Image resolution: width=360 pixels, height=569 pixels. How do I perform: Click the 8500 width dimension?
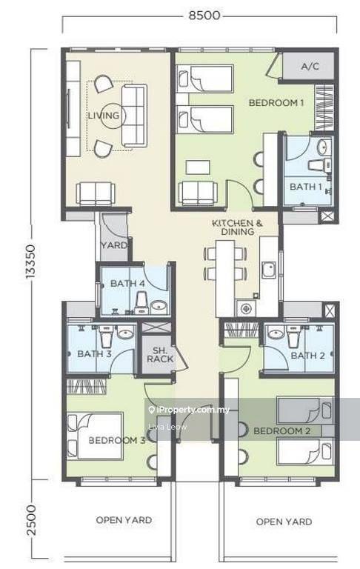[x=204, y=16]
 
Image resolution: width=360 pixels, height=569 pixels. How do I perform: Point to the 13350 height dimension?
[x=30, y=262]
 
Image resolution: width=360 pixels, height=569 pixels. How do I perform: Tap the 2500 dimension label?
[x=31, y=520]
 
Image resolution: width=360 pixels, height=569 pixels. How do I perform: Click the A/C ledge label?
[x=310, y=66]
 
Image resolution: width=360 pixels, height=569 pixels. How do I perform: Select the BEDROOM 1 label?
[x=276, y=103]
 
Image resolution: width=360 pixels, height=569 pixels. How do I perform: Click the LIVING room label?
[x=104, y=116]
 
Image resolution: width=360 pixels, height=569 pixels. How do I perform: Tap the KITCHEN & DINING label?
[x=237, y=227]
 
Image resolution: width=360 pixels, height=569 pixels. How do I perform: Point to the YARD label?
[x=114, y=245]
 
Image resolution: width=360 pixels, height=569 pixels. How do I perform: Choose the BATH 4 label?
[x=127, y=283]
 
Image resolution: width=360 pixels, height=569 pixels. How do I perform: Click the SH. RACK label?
[x=160, y=355]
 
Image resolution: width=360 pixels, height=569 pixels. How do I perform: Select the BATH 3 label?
[x=94, y=353]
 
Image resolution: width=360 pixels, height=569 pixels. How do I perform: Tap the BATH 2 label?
[x=307, y=356]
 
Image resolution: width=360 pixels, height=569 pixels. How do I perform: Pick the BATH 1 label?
[x=306, y=187]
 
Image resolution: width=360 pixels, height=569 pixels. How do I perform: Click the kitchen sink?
[x=269, y=270]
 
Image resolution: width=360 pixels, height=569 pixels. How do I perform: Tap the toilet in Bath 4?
[x=141, y=304]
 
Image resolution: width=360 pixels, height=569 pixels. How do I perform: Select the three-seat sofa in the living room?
[x=134, y=116]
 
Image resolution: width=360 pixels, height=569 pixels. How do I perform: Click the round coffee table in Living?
[x=113, y=116]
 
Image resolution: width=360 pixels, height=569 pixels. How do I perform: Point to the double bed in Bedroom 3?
[x=95, y=436]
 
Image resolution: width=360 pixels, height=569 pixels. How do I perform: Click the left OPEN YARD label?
[x=124, y=520]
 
